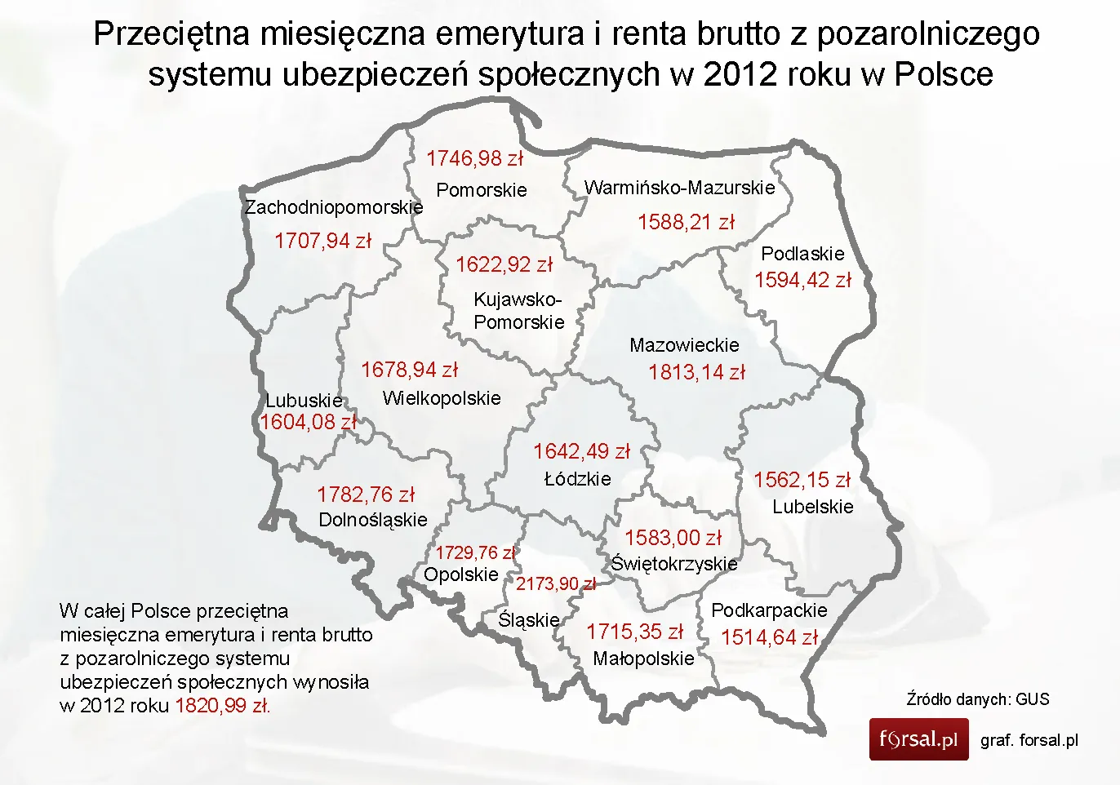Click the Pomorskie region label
482,190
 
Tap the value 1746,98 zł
474,158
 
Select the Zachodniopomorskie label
334,207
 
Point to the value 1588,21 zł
686,222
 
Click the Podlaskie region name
802,254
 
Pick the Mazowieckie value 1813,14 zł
696,373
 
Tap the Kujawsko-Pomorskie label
518,311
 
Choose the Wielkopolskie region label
442,398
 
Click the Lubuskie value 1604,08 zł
309,423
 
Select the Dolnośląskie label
373,520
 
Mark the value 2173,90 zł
556,584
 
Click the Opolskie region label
460,574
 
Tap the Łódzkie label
577,479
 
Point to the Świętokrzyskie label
674,564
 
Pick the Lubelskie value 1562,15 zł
802,480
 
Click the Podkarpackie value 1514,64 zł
769,637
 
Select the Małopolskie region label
643,659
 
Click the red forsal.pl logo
918,739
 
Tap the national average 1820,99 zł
222,706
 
